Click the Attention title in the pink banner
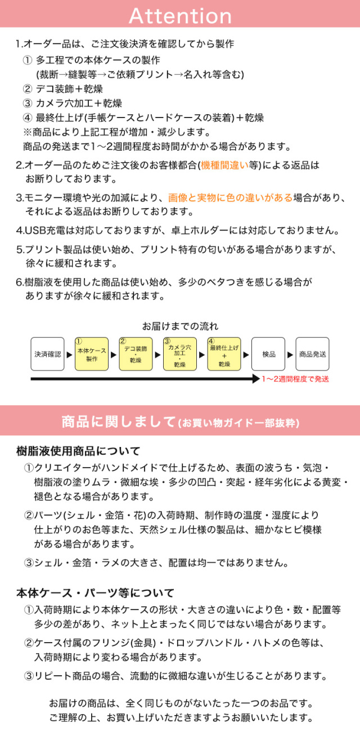point(180,16)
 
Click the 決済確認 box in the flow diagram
point(47,354)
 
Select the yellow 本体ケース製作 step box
point(92,354)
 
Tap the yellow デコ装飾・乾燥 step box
point(136,354)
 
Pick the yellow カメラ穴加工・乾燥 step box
point(180,354)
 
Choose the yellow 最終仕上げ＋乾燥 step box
point(224,354)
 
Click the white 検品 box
point(268,354)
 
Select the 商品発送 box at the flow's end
point(312,354)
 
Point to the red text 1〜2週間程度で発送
point(295,379)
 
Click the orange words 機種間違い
point(224,165)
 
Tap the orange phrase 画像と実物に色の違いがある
point(230,197)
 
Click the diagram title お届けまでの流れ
point(180,326)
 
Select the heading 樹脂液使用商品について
point(78,451)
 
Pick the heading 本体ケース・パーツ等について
point(95,593)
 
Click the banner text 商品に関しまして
point(119,422)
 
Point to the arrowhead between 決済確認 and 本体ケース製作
point(70,355)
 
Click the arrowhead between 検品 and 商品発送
point(290,355)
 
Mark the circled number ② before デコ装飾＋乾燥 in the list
point(28,89)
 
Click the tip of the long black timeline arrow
point(260,379)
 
